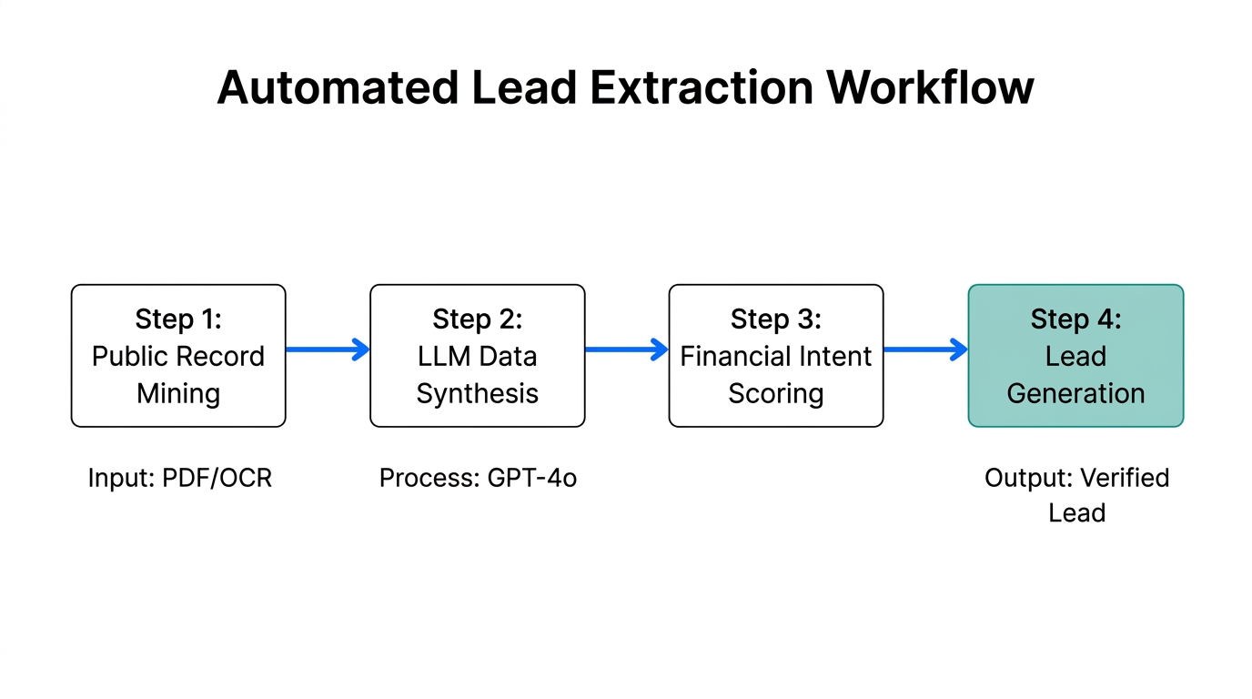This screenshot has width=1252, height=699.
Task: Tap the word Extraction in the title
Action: point(701,88)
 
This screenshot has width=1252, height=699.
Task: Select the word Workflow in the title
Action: point(930,88)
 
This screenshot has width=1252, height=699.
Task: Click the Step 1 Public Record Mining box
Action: point(178,356)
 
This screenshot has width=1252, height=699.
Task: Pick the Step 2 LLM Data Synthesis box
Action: point(477,356)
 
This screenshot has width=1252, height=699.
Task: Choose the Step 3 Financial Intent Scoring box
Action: point(775,356)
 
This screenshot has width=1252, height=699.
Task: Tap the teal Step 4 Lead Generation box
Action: point(1075,356)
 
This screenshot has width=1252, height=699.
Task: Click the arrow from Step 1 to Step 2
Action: point(328,349)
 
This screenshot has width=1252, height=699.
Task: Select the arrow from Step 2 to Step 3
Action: point(626,349)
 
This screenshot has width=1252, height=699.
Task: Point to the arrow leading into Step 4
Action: point(925,349)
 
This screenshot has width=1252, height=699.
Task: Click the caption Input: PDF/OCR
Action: point(179,478)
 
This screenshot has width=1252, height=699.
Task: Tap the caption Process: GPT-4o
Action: point(478,478)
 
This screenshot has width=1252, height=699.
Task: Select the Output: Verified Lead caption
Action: point(1076,495)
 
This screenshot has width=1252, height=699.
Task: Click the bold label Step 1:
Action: point(178,319)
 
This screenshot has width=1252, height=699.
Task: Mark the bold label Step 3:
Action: point(775,319)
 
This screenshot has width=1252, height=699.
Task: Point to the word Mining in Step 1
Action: point(178,394)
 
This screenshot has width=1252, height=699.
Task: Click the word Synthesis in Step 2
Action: point(477,394)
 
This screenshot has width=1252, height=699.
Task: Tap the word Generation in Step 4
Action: point(1075,394)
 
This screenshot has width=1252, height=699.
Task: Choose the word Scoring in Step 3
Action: point(775,394)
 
